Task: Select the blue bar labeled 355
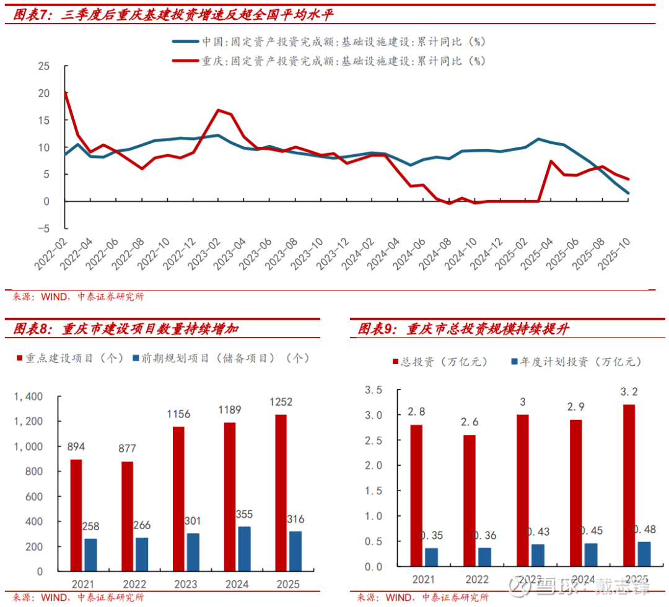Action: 244,549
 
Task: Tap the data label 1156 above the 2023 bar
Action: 178,414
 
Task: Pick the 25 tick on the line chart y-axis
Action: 43,66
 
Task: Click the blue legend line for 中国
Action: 185,41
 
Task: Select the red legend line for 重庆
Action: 185,61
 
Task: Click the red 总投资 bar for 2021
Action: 416,496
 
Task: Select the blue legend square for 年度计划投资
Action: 514,361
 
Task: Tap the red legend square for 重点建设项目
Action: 19,358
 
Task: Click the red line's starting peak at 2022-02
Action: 65,93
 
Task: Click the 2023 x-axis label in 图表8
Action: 185,584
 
